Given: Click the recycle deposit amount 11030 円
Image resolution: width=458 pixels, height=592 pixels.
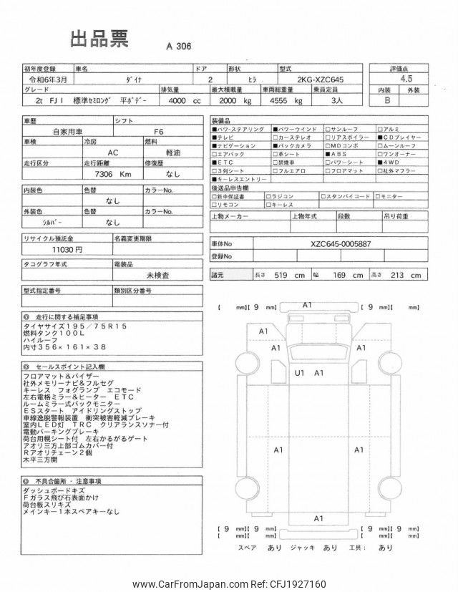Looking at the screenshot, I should coord(69,249).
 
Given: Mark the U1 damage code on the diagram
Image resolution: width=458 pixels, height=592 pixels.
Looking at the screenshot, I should coord(299,372).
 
